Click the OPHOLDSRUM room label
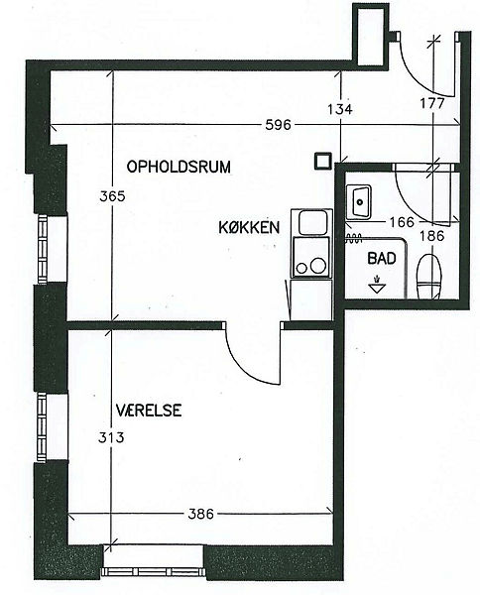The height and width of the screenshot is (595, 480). (x=179, y=167)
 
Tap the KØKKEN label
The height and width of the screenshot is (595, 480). (x=249, y=227)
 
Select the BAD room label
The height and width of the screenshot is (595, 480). (x=382, y=259)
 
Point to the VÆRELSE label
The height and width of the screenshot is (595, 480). (x=149, y=411)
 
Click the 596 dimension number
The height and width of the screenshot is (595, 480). (x=278, y=125)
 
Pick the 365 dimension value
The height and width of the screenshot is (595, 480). (x=112, y=196)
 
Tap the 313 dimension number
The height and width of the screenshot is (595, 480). (x=111, y=438)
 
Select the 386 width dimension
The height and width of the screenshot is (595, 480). (x=201, y=514)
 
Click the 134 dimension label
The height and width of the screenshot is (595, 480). (x=340, y=109)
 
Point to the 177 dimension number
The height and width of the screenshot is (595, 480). (x=432, y=103)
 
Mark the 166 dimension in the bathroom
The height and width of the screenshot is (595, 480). (x=403, y=221)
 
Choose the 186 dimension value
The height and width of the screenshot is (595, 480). (x=432, y=236)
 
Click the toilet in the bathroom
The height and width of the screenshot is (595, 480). (x=429, y=277)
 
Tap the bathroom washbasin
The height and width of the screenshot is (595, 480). (x=359, y=201)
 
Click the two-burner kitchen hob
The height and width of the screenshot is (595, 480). (x=311, y=257)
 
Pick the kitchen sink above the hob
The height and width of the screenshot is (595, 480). (x=311, y=222)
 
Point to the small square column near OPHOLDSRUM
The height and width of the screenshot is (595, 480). (x=323, y=162)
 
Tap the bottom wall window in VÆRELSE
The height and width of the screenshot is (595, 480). (x=152, y=572)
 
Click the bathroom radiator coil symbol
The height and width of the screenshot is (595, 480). (x=354, y=238)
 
